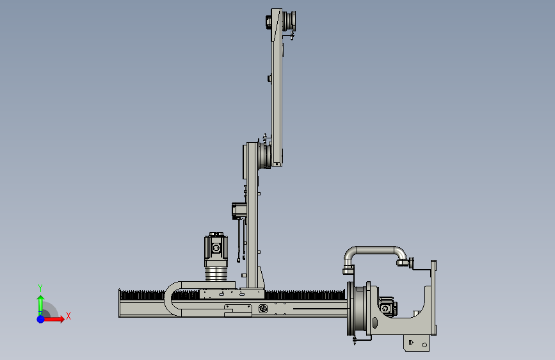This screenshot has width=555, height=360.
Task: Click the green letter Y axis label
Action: tap(40, 288)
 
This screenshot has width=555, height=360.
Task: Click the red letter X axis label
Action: tap(68, 316)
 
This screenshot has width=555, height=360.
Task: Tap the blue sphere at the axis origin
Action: tap(41, 319)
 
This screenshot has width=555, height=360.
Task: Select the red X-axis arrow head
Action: tap(61, 319)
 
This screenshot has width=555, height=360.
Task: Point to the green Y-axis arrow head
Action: tap(41, 299)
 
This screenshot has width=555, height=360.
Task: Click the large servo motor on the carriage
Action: tap(216, 249)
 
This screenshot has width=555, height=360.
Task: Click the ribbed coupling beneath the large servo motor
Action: tap(216, 274)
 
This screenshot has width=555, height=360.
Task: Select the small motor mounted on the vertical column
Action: tap(239, 211)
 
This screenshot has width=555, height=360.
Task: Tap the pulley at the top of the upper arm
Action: tap(289, 20)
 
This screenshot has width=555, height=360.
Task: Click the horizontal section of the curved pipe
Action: tap(376, 250)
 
